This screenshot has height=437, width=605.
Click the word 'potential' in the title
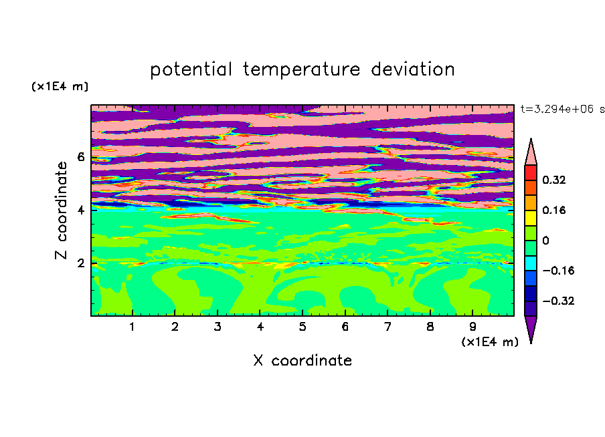pos(191,69)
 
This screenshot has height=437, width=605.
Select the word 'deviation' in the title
pos(413,69)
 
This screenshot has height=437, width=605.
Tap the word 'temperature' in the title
pos(302,69)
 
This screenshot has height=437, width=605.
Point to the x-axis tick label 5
pos(302,327)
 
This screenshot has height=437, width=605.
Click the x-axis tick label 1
pos(133,327)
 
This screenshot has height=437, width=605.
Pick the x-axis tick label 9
pos(472,327)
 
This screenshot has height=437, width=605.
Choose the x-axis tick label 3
pos(218,327)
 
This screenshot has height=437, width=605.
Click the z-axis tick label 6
pos(80,157)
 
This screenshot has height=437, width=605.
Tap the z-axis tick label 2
pos(80,263)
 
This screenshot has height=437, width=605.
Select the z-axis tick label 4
pos(80,210)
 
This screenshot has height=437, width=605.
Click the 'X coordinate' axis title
pos(302,360)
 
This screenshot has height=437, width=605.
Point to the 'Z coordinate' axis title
pos(61,210)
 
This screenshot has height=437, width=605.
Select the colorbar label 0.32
pos(553,180)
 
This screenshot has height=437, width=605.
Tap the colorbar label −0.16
pos(558,271)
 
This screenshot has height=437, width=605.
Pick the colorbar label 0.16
pos(553,210)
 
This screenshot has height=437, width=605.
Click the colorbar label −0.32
pos(558,301)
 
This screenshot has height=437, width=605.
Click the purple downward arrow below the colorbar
pos(531,328)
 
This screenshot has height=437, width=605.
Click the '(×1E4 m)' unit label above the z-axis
pos(60,86)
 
